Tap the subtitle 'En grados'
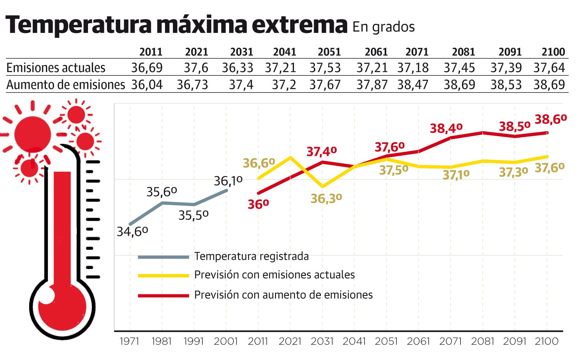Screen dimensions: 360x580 pyautogui.click(x=384, y=27)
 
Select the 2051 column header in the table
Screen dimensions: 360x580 pyautogui.click(x=329, y=52)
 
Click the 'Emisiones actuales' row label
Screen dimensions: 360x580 pyautogui.click(x=56, y=68)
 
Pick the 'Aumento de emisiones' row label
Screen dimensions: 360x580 pyautogui.click(x=66, y=84)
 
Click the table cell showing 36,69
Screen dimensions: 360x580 pyautogui.click(x=147, y=68)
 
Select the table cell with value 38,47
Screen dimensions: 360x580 pyautogui.click(x=413, y=84)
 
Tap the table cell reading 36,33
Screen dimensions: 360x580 pyautogui.click(x=237, y=68)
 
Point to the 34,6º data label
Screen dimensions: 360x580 pyautogui.click(x=132, y=231)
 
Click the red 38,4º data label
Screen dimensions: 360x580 pyautogui.click(x=446, y=128)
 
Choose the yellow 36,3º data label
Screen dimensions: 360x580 pyautogui.click(x=326, y=198)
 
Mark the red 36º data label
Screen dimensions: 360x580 pyautogui.click(x=258, y=204)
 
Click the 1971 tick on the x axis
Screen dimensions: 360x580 pyautogui.click(x=130, y=341)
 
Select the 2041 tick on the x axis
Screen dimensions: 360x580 pyautogui.click(x=354, y=341)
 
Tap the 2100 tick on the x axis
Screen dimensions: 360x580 pyautogui.click(x=547, y=341)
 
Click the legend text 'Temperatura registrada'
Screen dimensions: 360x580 pyautogui.click(x=251, y=256)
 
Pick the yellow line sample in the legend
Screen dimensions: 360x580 pyautogui.click(x=163, y=275)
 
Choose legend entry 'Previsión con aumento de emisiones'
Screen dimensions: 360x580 pyautogui.click(x=283, y=295)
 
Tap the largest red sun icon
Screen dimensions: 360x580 pyautogui.click(x=33, y=135)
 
